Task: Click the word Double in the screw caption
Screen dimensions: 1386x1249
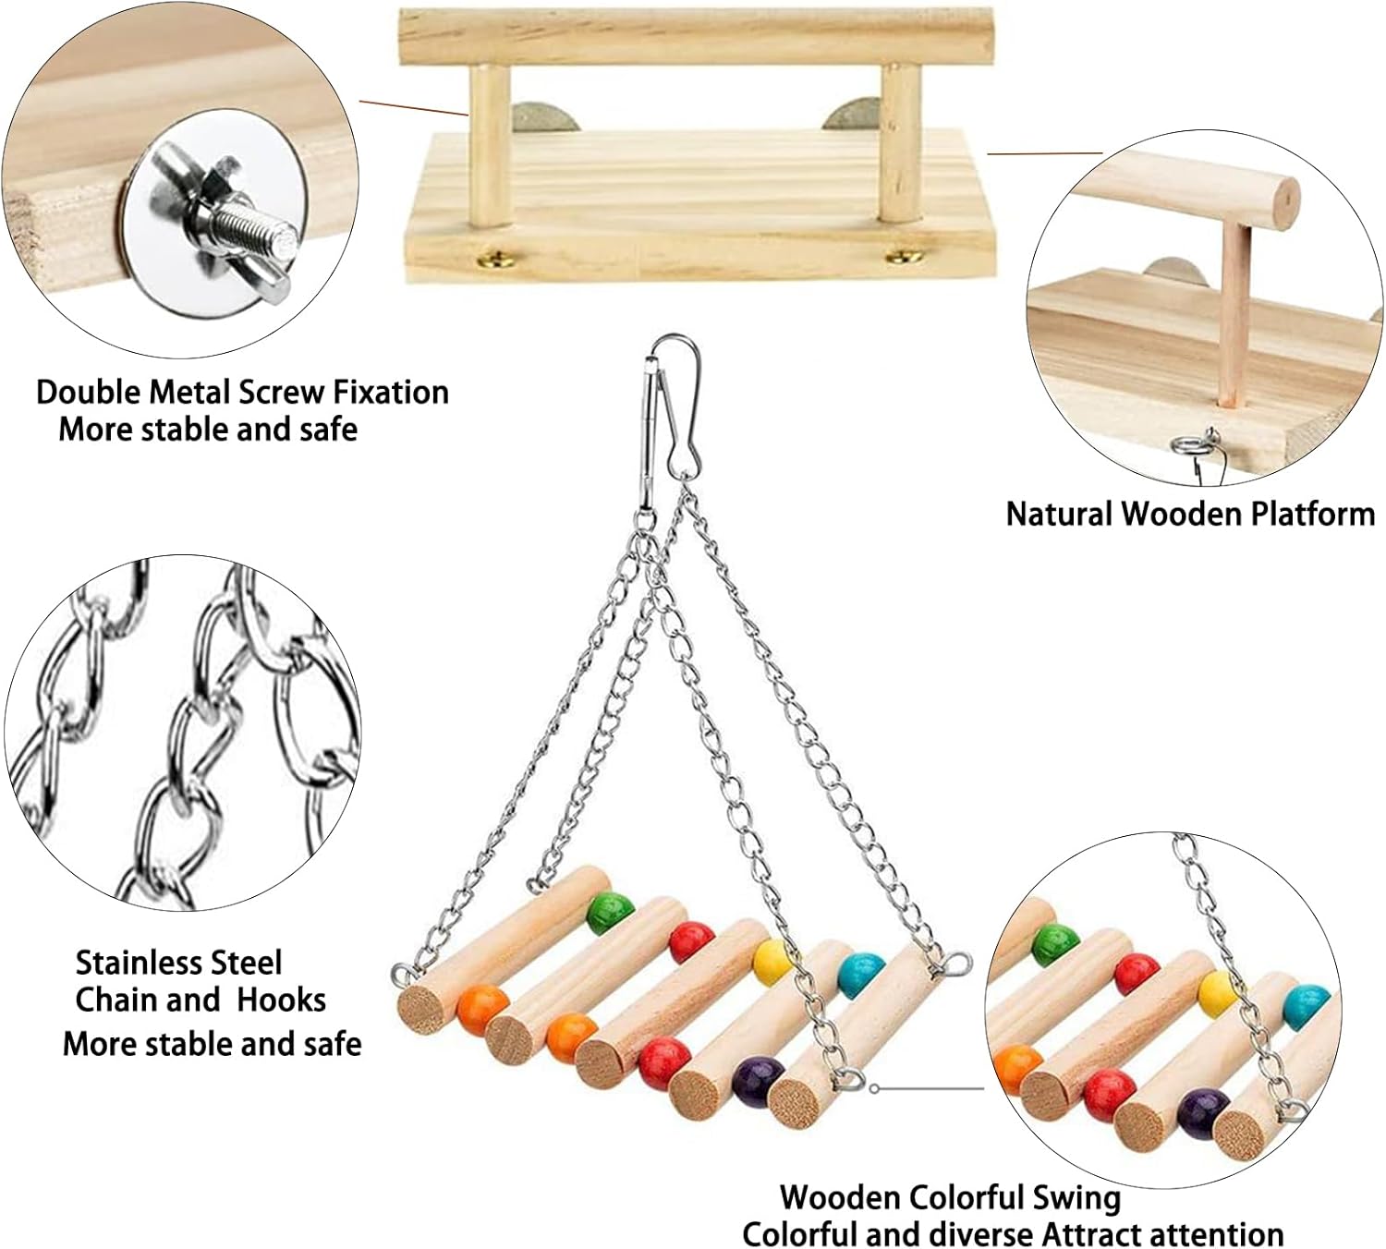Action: point(89,393)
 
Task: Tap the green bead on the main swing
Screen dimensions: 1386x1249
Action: point(605,913)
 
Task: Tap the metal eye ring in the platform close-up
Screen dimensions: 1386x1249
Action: point(1187,445)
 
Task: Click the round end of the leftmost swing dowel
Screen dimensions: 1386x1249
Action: point(420,1008)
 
